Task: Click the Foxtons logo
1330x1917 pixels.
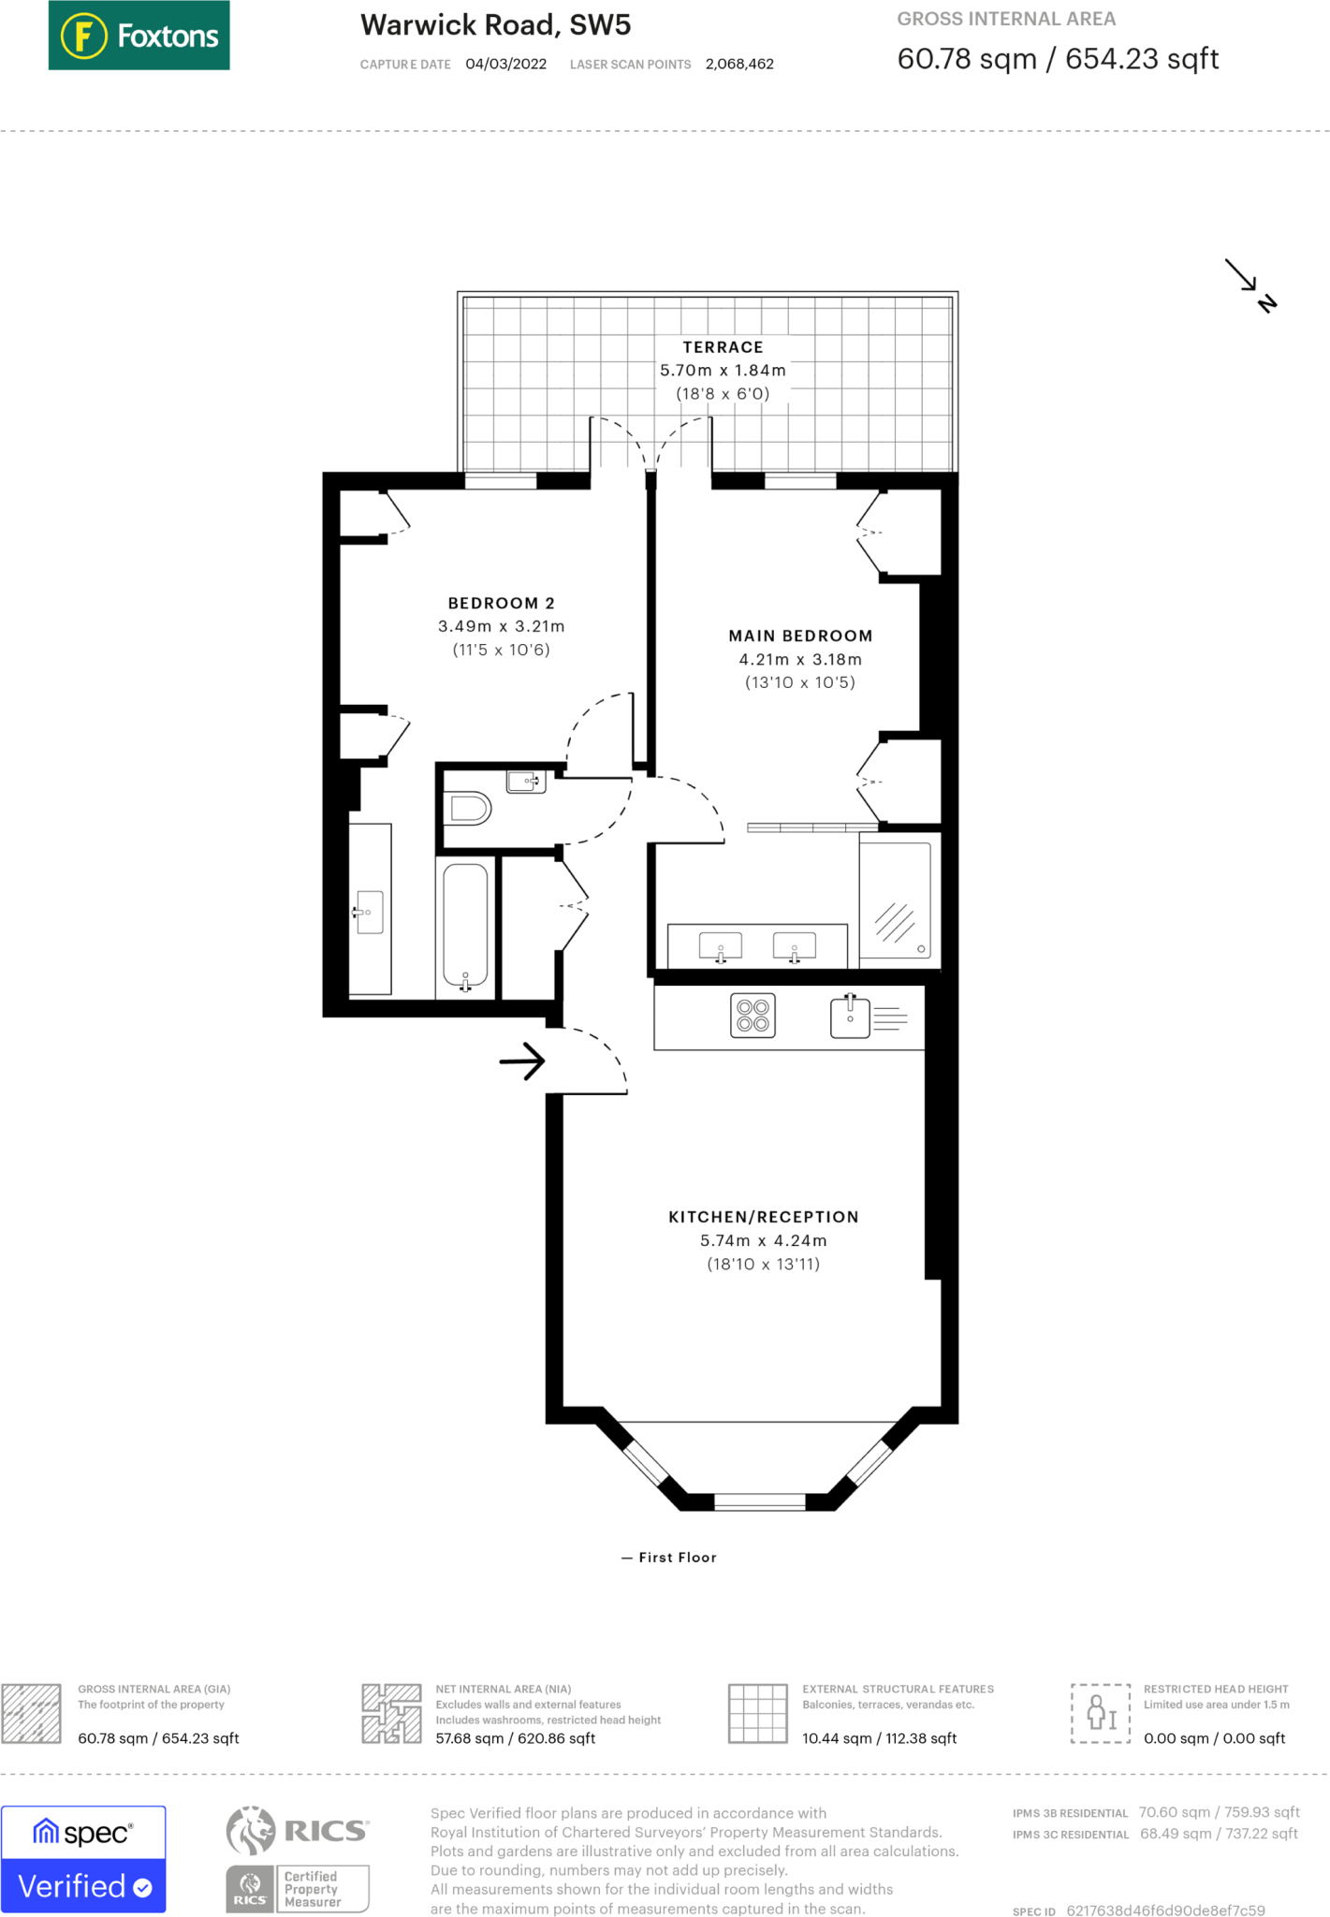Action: (x=139, y=36)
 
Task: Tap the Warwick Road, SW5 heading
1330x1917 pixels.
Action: (x=496, y=25)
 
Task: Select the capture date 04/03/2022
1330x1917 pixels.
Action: (x=506, y=65)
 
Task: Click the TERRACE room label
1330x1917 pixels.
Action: (x=723, y=347)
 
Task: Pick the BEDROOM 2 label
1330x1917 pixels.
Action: (x=502, y=604)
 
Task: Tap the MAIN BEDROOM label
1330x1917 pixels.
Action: (x=800, y=637)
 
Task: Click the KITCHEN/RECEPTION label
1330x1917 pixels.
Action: (x=764, y=1217)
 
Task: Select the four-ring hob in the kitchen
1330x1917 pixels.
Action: (x=753, y=1016)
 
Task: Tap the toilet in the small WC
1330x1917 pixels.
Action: (x=469, y=808)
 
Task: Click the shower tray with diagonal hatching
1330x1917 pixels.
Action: (x=895, y=900)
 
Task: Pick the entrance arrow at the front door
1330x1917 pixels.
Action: (x=522, y=1061)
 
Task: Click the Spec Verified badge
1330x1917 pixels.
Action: (x=83, y=1859)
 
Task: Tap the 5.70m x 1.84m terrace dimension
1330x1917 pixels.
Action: (x=723, y=371)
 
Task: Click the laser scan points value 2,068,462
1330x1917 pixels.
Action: (x=739, y=65)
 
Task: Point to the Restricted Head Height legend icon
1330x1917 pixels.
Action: (x=1101, y=1713)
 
